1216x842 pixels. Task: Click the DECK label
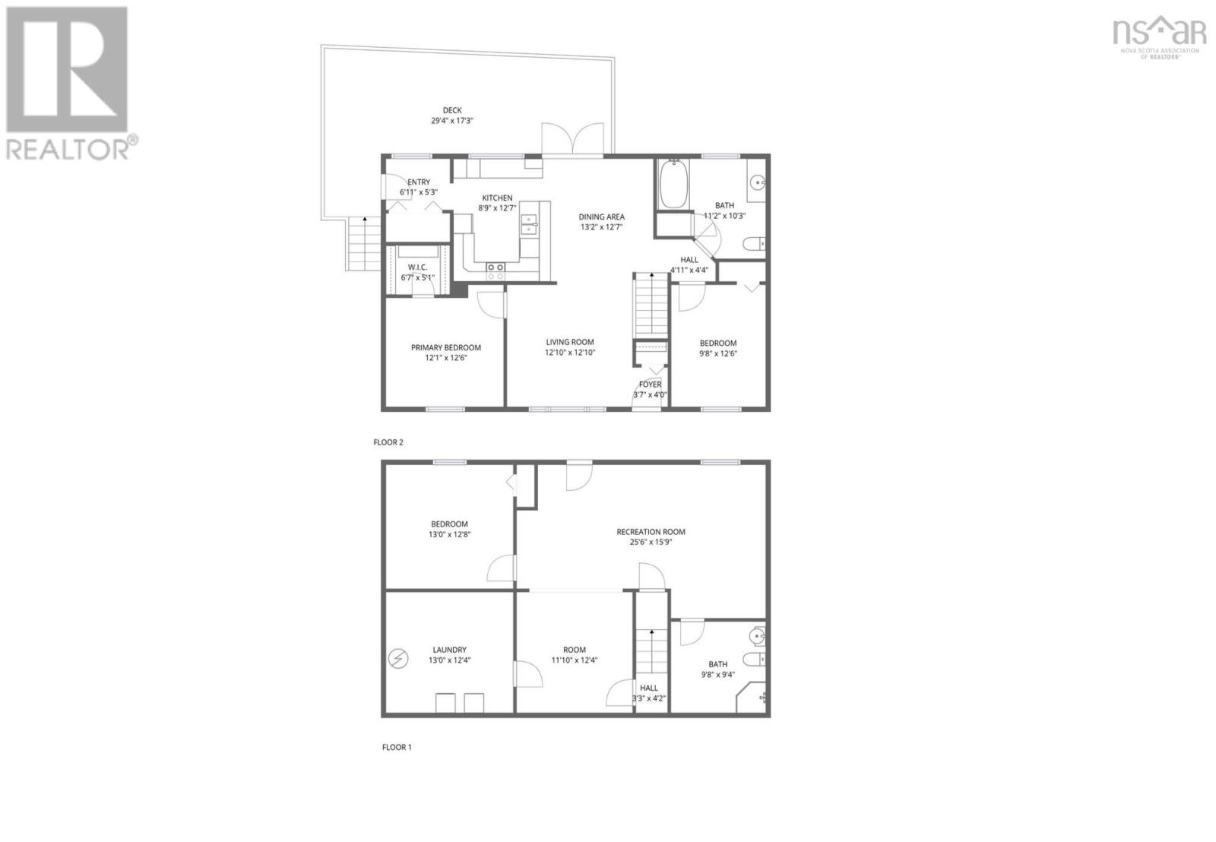tap(452, 110)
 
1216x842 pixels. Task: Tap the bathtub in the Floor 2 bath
tap(673, 185)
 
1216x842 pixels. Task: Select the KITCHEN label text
tap(497, 198)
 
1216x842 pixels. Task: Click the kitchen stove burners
tap(496, 267)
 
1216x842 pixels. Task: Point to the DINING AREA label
tap(601, 217)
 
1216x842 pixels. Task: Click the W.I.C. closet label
tap(417, 267)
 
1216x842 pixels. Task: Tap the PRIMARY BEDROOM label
tap(445, 348)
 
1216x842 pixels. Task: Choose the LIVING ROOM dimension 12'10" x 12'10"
tap(569, 353)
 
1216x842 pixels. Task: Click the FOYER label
tap(650, 385)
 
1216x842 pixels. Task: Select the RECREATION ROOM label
tap(651, 532)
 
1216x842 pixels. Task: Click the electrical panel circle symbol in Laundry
tap(397, 658)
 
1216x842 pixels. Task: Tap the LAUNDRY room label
tap(449, 650)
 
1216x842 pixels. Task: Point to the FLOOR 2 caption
tap(388, 442)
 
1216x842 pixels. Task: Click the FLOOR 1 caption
tap(397, 747)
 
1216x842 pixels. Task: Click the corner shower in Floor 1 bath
tap(754, 698)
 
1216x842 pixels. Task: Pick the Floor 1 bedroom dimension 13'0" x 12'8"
tap(449, 534)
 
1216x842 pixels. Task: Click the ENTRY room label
tap(419, 182)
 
